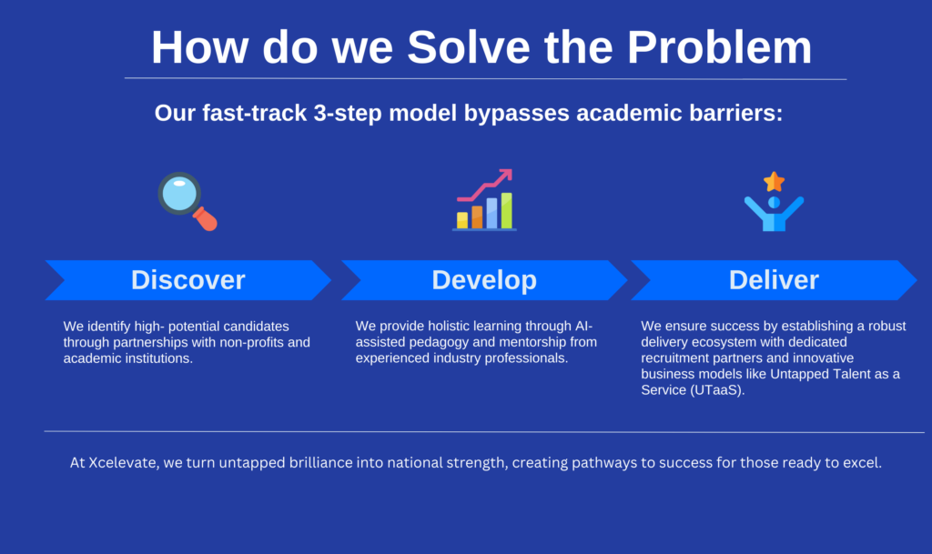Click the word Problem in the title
(x=719, y=47)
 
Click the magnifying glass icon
(x=187, y=201)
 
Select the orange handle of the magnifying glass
(x=206, y=219)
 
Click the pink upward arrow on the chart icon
(x=485, y=185)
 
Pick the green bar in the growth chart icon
(x=506, y=211)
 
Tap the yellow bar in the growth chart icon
(x=461, y=220)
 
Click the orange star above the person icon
(x=774, y=182)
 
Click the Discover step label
(x=187, y=280)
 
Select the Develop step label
(x=484, y=280)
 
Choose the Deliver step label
(x=774, y=280)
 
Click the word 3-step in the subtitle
(x=347, y=114)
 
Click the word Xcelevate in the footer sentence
(x=124, y=462)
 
